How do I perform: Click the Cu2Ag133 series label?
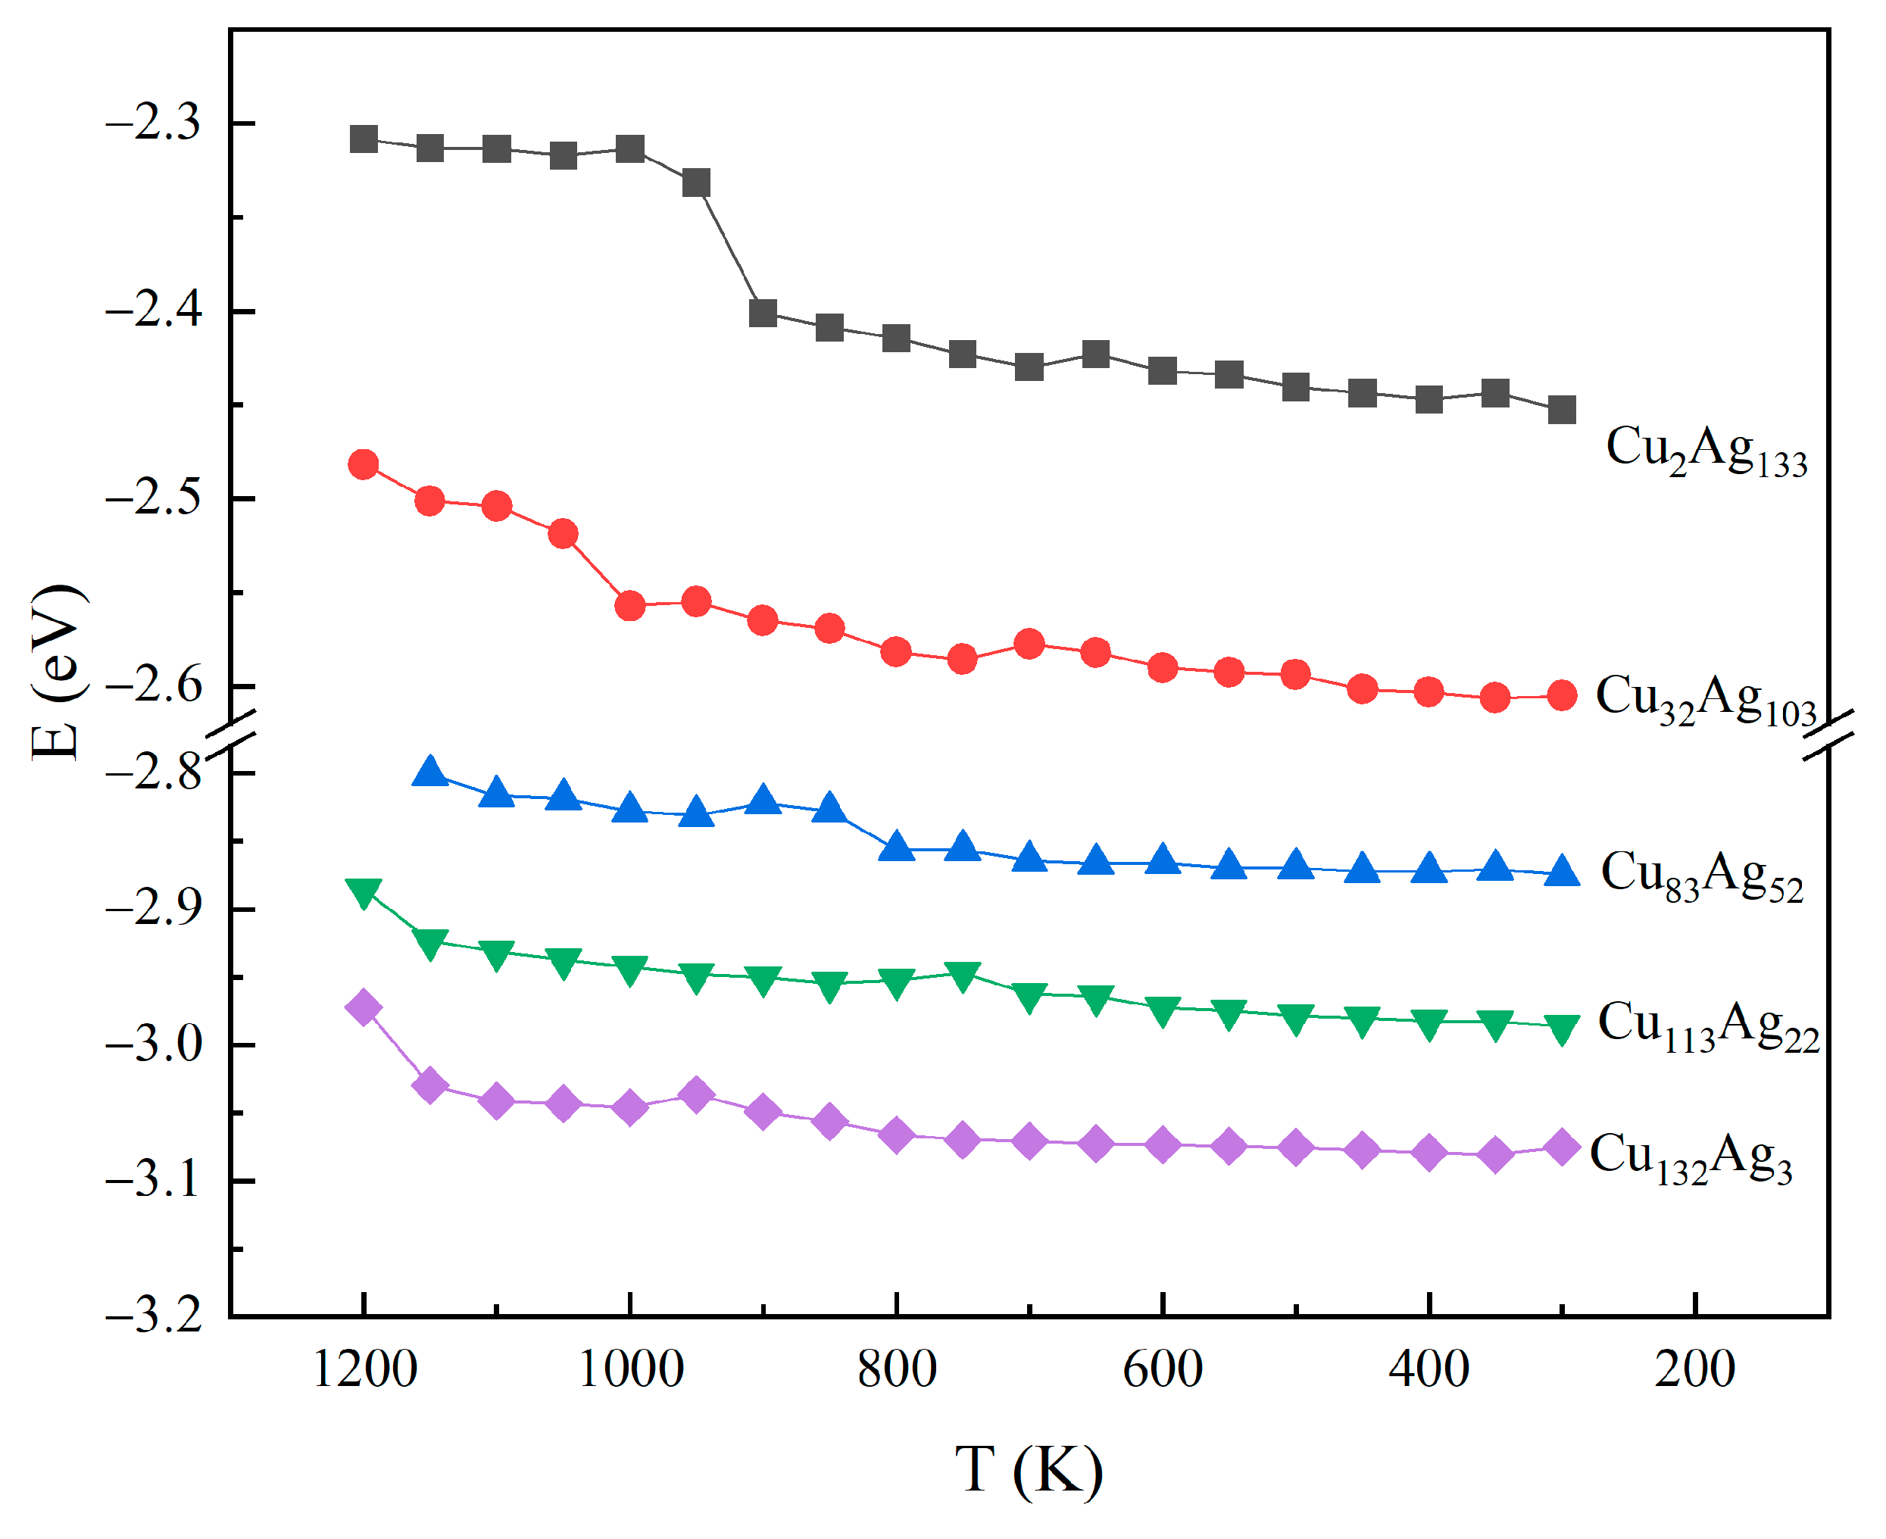[1706, 451]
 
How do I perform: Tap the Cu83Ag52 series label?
[1702, 876]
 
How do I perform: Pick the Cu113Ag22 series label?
[1708, 1026]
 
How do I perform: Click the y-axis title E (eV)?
[57, 674]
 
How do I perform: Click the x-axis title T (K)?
[1029, 1470]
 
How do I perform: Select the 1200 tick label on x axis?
[364, 1369]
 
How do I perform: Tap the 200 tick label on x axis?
[1694, 1369]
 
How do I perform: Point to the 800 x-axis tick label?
[897, 1369]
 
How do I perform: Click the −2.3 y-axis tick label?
[152, 123]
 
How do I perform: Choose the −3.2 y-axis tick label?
[152, 1316]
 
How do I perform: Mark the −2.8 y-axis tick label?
[152, 773]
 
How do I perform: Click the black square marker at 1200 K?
[364, 139]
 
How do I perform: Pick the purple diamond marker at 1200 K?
[364, 1008]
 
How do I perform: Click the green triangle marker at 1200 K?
[364, 892]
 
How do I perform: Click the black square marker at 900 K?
[763, 313]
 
